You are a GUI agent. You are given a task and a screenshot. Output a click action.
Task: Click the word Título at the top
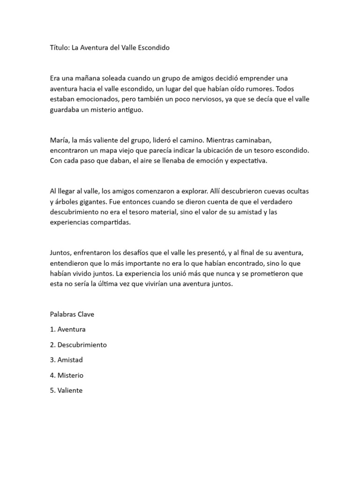pyautogui.click(x=59, y=48)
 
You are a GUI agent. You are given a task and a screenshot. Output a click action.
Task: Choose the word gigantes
pyautogui.click(x=100, y=202)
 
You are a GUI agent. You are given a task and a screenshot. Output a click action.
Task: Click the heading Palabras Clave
pyautogui.click(x=72, y=314)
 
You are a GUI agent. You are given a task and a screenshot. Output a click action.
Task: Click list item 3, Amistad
pyautogui.click(x=70, y=360)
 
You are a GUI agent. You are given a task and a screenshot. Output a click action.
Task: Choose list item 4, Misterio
pyautogui.click(x=70, y=375)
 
